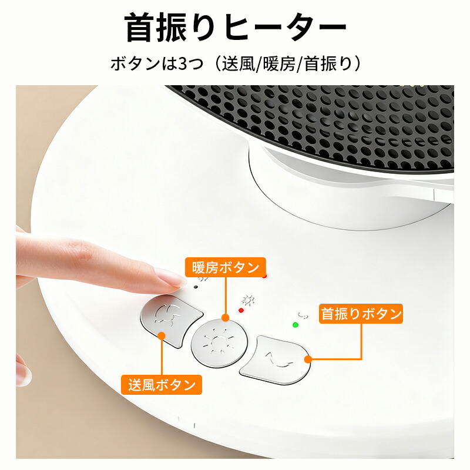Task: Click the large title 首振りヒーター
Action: pyautogui.click(x=236, y=28)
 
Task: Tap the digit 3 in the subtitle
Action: pyautogui.click(x=183, y=64)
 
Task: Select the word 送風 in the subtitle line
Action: pyautogui.click(x=238, y=64)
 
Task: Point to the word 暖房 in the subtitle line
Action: pyautogui.click(x=279, y=64)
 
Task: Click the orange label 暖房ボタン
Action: pyautogui.click(x=226, y=267)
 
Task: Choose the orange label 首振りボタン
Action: pyautogui.click(x=361, y=314)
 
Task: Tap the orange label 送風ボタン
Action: pyautogui.click(x=162, y=385)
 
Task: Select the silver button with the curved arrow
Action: pyautogui.click(x=275, y=360)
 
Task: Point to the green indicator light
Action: pyautogui.click(x=296, y=325)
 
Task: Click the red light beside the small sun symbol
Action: pyautogui.click(x=241, y=310)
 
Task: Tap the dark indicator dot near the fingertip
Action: pyautogui.click(x=196, y=287)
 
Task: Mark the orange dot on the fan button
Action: pyautogui.click(x=162, y=335)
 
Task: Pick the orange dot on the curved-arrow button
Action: pyautogui.click(x=308, y=359)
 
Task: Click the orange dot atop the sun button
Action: pyautogui.click(x=226, y=318)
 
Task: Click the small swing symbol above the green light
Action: pyautogui.click(x=303, y=315)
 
